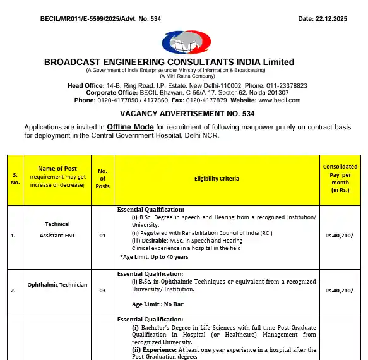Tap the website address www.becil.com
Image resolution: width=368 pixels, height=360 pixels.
(279, 100)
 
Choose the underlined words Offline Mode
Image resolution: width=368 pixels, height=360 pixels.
(130, 127)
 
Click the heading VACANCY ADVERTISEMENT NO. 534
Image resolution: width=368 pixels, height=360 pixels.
(183, 114)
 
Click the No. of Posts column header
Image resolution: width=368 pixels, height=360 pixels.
(102, 178)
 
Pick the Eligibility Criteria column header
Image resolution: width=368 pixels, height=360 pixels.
(217, 179)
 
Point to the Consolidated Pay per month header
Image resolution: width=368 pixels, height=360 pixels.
(340, 178)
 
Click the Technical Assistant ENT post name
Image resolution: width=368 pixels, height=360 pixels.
(57, 230)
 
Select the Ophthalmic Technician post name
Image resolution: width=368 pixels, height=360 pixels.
(57, 285)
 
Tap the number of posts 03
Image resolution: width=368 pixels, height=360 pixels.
(102, 291)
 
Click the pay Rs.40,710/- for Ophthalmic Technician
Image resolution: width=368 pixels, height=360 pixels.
(340, 291)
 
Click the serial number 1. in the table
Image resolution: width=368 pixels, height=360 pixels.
(13, 236)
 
